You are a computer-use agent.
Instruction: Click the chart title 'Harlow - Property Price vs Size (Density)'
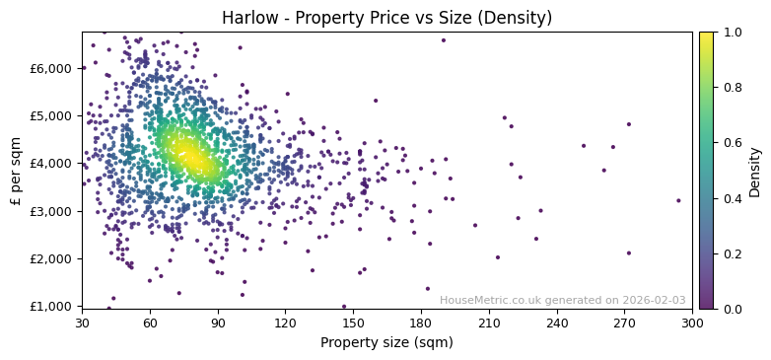point(386,18)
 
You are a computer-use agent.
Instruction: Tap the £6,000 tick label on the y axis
point(52,68)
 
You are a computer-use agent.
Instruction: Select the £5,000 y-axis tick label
point(52,115)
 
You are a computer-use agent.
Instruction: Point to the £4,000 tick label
point(52,163)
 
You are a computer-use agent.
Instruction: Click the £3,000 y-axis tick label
point(52,211)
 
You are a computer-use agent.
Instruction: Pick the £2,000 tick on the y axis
point(52,258)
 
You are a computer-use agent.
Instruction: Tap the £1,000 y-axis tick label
point(52,306)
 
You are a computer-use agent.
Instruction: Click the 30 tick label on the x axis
point(82,323)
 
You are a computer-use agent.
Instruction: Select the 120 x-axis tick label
point(285,323)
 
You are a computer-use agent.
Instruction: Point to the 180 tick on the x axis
point(421,323)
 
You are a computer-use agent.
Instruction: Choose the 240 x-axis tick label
point(557,323)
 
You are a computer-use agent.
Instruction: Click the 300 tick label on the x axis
point(692,323)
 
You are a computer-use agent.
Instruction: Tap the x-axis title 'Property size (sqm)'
point(386,342)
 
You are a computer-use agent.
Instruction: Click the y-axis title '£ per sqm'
point(16,170)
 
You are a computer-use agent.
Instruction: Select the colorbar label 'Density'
point(755,171)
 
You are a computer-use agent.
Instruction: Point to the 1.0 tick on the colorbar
point(732,33)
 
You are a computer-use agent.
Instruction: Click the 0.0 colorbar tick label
point(732,309)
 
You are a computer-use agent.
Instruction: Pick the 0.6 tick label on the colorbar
point(732,143)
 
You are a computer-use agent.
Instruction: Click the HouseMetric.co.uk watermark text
point(562,300)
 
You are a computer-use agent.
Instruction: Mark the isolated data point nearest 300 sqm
point(678,200)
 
